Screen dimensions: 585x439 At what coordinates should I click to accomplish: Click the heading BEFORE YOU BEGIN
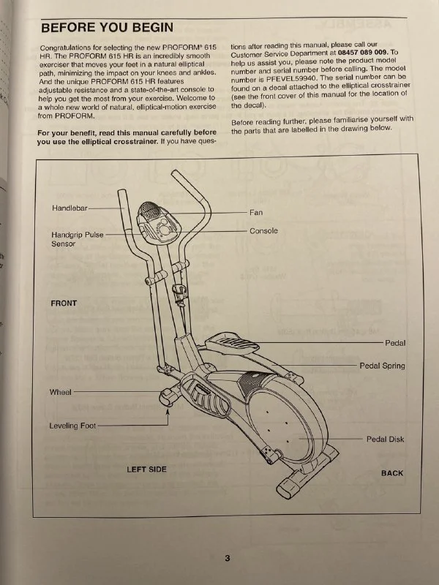point(107,28)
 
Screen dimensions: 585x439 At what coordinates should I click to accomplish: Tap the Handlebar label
point(70,208)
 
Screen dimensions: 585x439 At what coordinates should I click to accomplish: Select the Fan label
point(256,212)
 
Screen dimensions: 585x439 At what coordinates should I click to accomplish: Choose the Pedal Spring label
point(382,366)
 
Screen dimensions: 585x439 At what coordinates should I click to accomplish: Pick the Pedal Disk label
point(385,439)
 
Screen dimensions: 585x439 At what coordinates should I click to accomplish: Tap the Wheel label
point(60,393)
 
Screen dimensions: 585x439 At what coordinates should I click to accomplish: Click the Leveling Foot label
point(72,426)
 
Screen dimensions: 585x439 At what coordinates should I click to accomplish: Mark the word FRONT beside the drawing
point(64,303)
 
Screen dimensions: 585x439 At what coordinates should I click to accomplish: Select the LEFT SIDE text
point(146,469)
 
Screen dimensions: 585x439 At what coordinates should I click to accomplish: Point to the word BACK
point(391,473)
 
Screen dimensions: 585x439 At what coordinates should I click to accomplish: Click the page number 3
point(228,558)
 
